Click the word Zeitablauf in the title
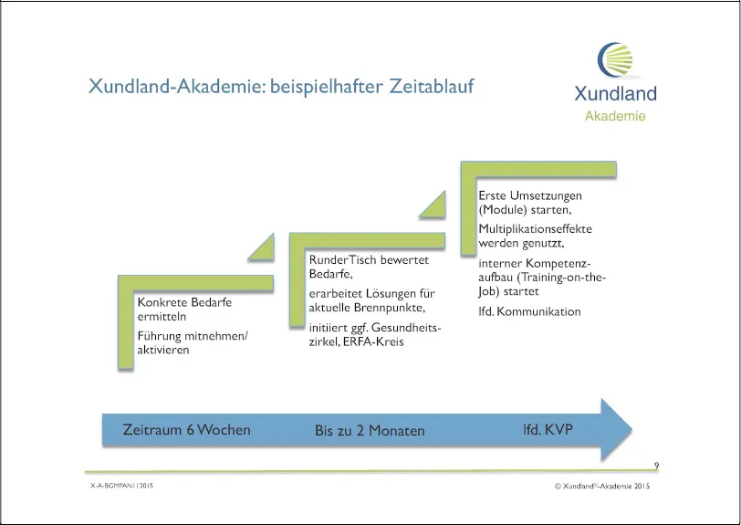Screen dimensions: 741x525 click(x=431, y=87)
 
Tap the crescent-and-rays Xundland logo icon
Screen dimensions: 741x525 click(x=615, y=60)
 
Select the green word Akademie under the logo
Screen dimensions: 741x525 click(x=615, y=116)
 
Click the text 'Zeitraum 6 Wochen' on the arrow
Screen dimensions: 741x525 click(x=187, y=429)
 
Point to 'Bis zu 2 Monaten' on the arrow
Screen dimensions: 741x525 click(x=370, y=430)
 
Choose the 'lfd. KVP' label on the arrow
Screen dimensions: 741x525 click(x=548, y=429)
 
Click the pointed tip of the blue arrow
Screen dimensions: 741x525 click(x=631, y=429)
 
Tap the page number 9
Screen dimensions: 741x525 click(x=656, y=466)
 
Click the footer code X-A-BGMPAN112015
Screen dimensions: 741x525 click(x=122, y=485)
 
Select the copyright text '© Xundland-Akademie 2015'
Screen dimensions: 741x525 click(x=602, y=486)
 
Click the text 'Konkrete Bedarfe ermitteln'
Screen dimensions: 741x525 click(x=184, y=310)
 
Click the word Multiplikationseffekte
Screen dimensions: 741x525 click(x=535, y=229)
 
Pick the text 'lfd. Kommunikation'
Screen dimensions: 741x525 click(x=529, y=311)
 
